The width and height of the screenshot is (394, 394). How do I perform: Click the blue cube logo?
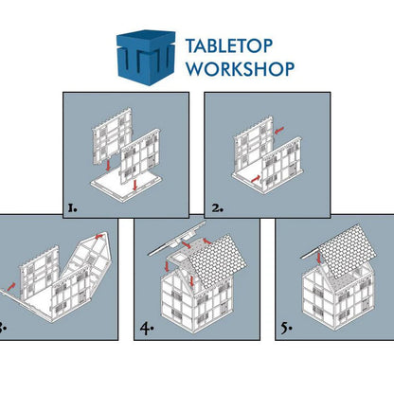point(146,58)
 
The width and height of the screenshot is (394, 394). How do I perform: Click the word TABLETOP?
point(229,46)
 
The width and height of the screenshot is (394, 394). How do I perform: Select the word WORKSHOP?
point(241,68)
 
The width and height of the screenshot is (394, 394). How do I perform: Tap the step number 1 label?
point(72,208)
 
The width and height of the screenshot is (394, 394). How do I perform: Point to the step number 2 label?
point(217,208)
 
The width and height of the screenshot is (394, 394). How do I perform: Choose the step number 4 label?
point(147,329)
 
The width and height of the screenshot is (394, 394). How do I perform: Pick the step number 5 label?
point(287,329)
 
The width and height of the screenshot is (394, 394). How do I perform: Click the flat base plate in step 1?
point(126,188)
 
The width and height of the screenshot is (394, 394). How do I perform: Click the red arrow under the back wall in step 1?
point(108,166)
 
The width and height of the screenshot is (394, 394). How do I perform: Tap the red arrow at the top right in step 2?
point(279,130)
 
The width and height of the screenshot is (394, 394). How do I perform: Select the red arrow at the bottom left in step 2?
point(257,179)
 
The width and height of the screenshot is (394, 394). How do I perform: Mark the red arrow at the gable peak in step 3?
point(99,236)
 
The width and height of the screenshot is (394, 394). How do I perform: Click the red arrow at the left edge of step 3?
point(11,286)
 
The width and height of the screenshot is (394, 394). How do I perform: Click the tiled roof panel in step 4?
point(218,261)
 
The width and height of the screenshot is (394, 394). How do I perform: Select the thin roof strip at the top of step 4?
point(177,238)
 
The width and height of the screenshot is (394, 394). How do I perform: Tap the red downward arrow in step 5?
point(318,257)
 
